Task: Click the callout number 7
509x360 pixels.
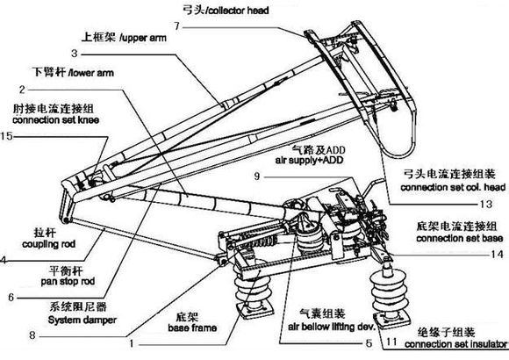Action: [176, 26]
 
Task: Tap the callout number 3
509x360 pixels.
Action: [75, 54]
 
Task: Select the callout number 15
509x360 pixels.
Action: [6, 136]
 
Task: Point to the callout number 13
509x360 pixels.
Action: [486, 204]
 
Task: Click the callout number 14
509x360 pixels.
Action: [497, 254]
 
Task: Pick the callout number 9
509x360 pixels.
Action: [257, 176]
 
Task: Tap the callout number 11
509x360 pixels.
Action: [391, 342]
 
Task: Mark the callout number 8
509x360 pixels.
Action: [32, 335]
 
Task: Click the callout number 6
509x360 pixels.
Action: [11, 297]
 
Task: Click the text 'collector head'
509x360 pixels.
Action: [239, 11]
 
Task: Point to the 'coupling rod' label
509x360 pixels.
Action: [48, 244]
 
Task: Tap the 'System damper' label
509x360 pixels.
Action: [82, 320]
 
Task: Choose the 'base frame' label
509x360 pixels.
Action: [192, 328]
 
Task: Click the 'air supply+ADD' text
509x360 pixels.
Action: [310, 160]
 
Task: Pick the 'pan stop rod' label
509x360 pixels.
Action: [68, 281]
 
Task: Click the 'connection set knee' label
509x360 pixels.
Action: [56, 120]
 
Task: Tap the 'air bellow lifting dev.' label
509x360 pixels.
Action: [332, 327]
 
